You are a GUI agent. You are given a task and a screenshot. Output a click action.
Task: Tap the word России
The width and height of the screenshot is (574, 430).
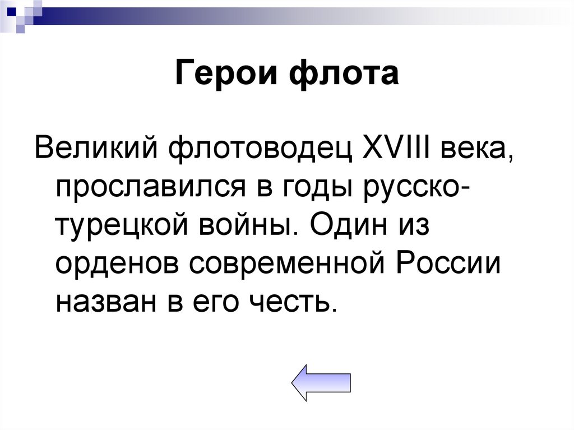coord(442,263)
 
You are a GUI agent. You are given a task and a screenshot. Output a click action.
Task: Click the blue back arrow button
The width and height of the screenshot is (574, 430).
coord(321,382)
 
